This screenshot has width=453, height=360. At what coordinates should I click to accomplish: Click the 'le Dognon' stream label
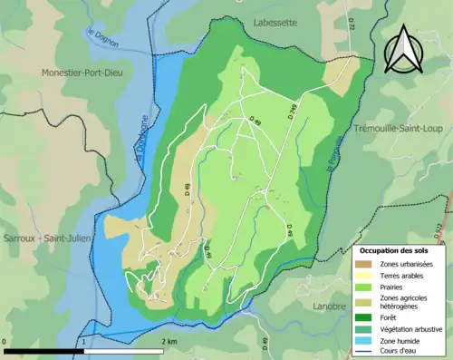[x=100, y=40]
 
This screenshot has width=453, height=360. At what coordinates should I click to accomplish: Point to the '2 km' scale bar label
[x=169, y=341]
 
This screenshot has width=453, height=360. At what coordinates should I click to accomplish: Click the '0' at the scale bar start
[x=5, y=341]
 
